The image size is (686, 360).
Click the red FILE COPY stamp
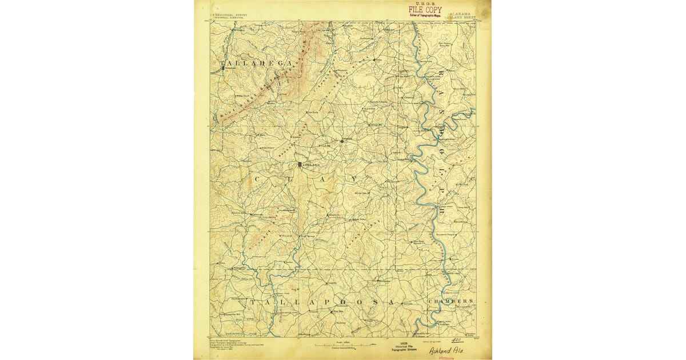tap(425, 10)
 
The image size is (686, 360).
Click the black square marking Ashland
tap(299, 165)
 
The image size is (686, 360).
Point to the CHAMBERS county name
tap(450, 301)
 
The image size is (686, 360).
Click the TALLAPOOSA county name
tap(321, 301)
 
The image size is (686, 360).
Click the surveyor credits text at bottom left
tap(229, 344)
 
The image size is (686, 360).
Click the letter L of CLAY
tap(290, 179)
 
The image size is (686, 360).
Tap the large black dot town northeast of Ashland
tap(342, 140)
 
